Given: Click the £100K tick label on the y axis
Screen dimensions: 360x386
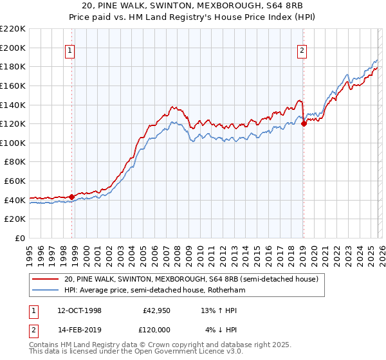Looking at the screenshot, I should [x=13, y=143].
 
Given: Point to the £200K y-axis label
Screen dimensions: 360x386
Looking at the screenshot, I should [x=13, y=48].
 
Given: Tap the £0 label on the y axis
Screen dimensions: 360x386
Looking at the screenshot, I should [x=19, y=239].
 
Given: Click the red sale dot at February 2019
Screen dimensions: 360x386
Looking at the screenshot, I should [x=303, y=124].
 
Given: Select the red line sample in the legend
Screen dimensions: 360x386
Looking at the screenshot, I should [x=46, y=279].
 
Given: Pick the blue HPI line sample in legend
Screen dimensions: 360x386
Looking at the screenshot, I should [x=46, y=291].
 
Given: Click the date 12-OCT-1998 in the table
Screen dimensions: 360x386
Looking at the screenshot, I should [x=78, y=310].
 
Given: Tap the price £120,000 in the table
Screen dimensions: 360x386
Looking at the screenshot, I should [x=156, y=329].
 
